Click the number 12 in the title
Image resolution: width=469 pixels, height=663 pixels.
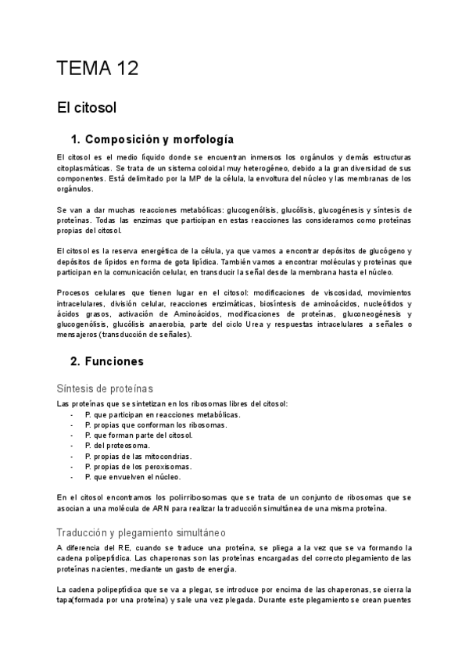125,69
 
